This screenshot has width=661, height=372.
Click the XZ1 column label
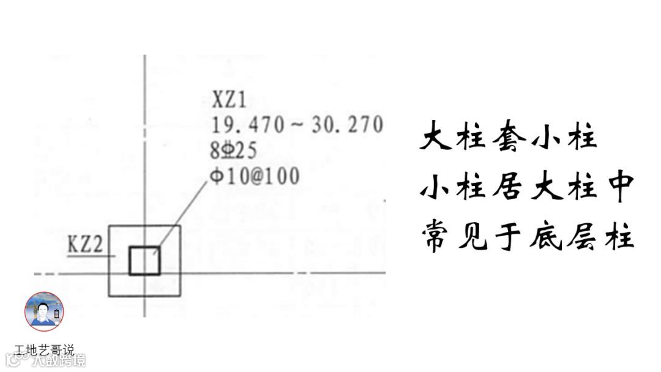click(230, 99)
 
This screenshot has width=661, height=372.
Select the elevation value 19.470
click(248, 125)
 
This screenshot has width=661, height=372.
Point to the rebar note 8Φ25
click(234, 150)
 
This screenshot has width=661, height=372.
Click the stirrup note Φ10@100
click(255, 176)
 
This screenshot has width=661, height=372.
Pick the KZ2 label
click(84, 247)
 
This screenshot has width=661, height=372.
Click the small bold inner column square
click(144, 261)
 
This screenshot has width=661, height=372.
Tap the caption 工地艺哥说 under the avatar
click(44, 350)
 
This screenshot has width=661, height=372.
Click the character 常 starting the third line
click(436, 237)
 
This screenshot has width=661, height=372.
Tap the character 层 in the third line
click(579, 237)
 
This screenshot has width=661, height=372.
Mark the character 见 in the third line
click(471, 237)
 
